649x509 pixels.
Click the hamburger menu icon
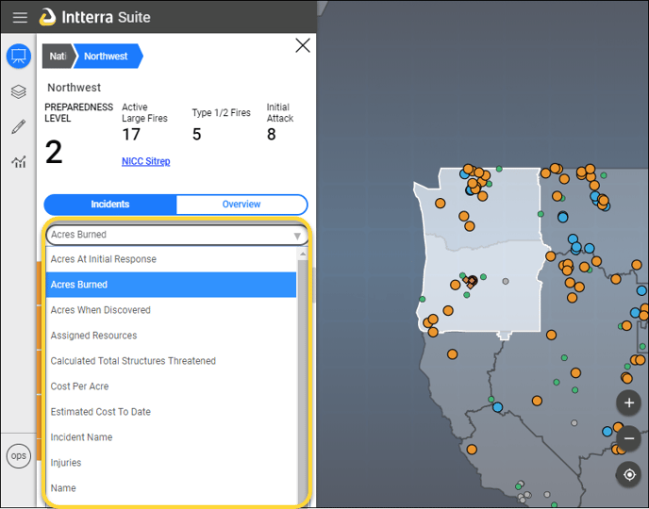pyautogui.click(x=20, y=17)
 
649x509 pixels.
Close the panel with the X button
pyautogui.click(x=303, y=45)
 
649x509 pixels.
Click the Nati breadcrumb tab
pyautogui.click(x=58, y=56)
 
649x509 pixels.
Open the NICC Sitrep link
pyautogui.click(x=145, y=161)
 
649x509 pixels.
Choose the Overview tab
pyautogui.click(x=241, y=204)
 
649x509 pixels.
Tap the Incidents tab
pyautogui.click(x=110, y=204)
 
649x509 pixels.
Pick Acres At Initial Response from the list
pyautogui.click(x=104, y=259)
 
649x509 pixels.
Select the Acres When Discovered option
pyautogui.click(x=101, y=310)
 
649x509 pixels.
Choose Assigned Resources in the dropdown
pyautogui.click(x=93, y=336)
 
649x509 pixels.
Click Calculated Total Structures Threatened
pyautogui.click(x=133, y=361)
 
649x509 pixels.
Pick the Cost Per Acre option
pyautogui.click(x=79, y=386)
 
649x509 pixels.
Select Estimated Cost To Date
pyautogui.click(x=101, y=412)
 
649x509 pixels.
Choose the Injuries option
pyautogui.click(x=66, y=463)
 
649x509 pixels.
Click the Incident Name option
pyautogui.click(x=81, y=437)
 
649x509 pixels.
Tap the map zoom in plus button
pyautogui.click(x=628, y=402)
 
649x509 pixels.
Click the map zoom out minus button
pyautogui.click(x=628, y=438)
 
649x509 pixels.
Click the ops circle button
pyautogui.click(x=19, y=455)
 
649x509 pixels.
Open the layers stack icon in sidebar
pyautogui.click(x=19, y=91)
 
